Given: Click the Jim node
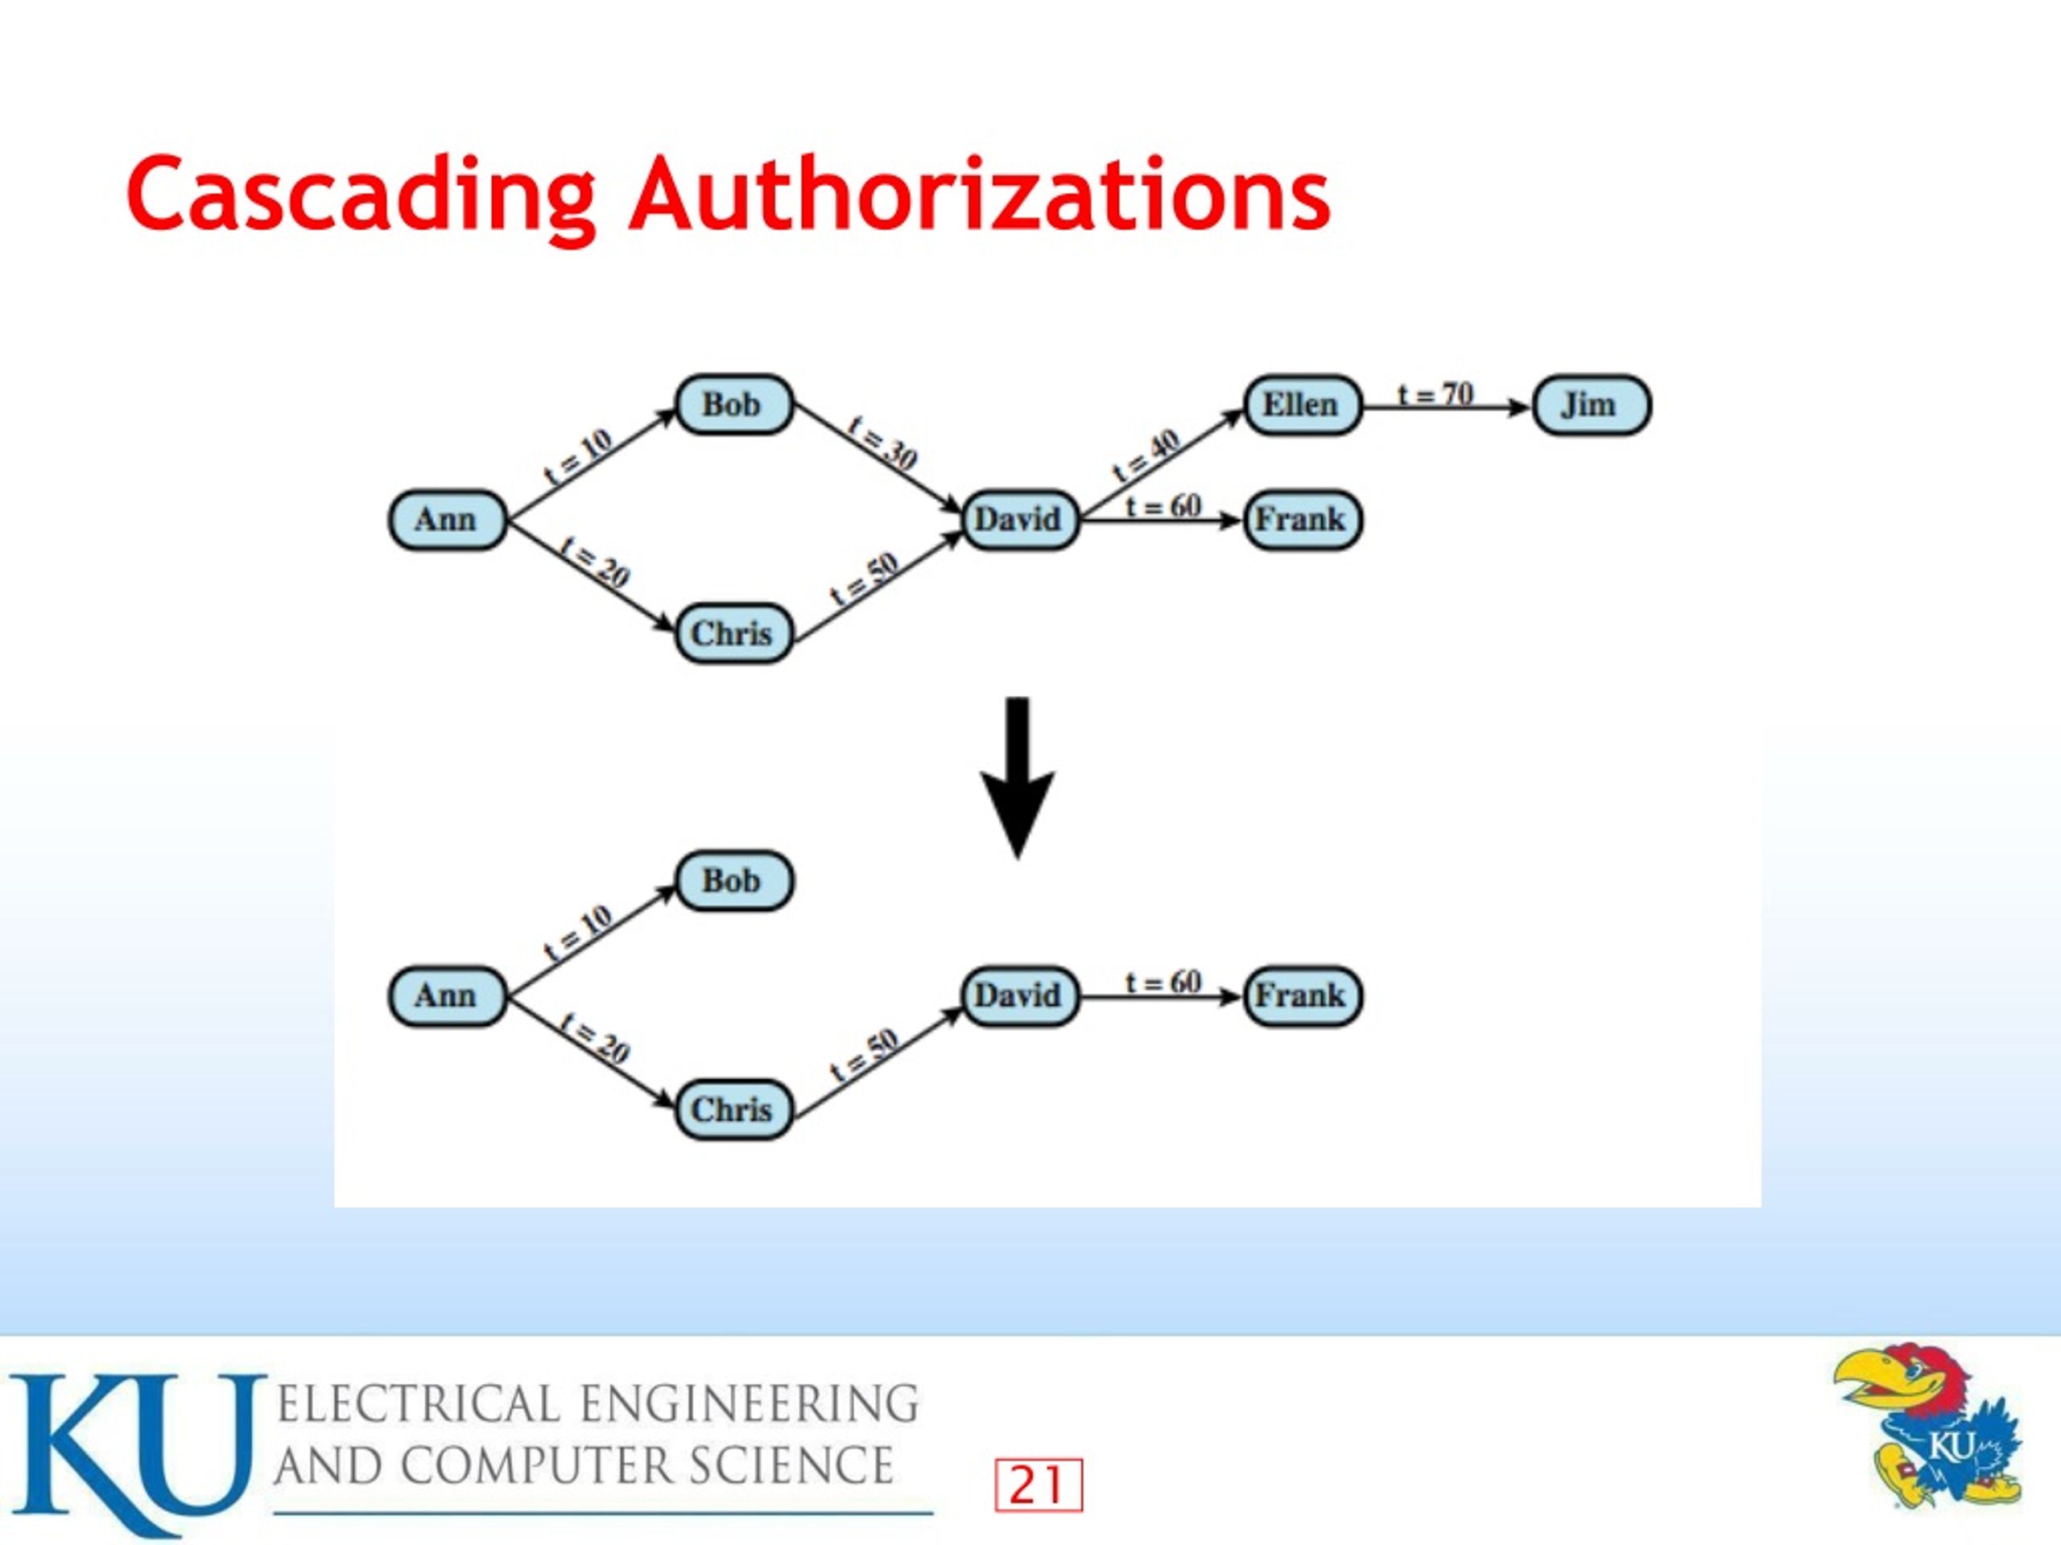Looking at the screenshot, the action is pos(1592,405).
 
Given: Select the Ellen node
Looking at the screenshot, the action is pos(1303,405).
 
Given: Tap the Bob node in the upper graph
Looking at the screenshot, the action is pos(734,405).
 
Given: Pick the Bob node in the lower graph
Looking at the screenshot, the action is pos(734,881).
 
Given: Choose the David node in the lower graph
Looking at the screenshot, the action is pos(1020,995).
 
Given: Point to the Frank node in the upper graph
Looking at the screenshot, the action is pos(1303,520).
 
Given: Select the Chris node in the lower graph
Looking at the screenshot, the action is pos(734,1109).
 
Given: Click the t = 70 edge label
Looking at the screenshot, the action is pos(1435,395).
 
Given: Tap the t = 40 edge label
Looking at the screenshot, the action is pos(1147,455).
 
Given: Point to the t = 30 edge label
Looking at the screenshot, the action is pos(882,443).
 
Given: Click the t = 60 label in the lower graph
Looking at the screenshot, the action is pos(1163,983).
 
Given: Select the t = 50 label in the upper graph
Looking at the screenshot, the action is pos(865,580).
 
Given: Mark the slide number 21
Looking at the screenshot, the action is pos(1038,1485).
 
